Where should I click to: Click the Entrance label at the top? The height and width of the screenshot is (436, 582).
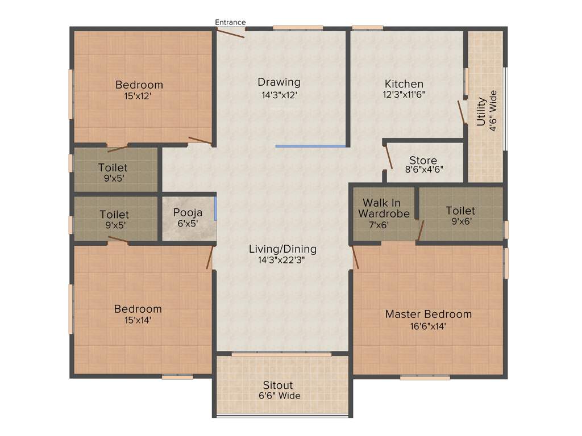(x=230, y=23)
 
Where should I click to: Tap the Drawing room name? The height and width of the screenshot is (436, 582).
(x=278, y=82)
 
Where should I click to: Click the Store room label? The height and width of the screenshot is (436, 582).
(x=423, y=160)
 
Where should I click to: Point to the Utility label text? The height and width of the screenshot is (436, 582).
(x=481, y=111)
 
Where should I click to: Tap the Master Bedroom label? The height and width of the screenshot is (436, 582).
(x=428, y=314)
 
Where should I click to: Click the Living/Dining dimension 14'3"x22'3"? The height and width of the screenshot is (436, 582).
(x=282, y=261)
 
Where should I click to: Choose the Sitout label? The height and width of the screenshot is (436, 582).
(x=278, y=385)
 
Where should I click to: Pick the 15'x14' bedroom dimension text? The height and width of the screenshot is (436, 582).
(x=138, y=320)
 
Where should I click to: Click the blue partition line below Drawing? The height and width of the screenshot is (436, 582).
(x=310, y=146)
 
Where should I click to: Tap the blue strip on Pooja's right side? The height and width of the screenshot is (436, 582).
(x=215, y=208)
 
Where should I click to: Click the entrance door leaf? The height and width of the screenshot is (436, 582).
(x=230, y=33)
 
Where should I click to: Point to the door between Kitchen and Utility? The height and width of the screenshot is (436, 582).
(x=462, y=112)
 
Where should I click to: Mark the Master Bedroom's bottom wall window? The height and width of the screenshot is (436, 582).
(x=425, y=378)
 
